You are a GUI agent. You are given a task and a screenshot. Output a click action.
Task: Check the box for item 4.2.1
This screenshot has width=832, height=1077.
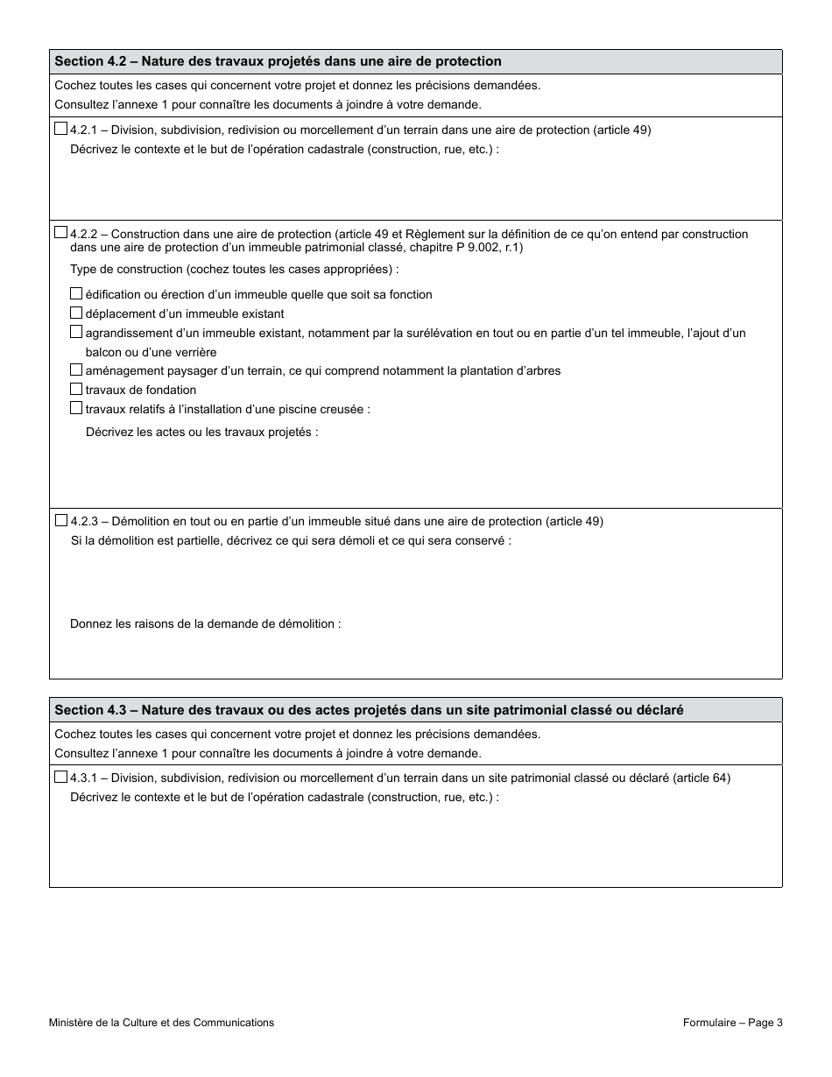point(60,129)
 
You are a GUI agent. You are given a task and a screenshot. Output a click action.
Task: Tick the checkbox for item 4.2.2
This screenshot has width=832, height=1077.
point(60,233)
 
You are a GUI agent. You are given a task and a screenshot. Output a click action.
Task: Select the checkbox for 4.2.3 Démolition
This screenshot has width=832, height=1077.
point(60,520)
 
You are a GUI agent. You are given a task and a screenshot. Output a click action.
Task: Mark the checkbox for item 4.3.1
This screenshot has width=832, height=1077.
point(60,777)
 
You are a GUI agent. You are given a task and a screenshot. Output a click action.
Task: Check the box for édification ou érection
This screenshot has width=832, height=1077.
point(76,294)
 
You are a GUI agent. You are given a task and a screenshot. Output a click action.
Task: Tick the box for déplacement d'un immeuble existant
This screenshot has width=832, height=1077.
point(76,313)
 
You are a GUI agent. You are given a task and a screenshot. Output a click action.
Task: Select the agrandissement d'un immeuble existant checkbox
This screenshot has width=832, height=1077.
point(76,333)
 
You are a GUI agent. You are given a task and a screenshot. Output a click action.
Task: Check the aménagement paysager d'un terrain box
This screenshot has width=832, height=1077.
point(76,370)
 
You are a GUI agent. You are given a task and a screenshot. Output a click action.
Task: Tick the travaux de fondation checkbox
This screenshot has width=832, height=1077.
point(76,390)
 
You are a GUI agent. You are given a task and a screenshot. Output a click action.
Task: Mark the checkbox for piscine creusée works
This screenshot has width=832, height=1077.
point(76,409)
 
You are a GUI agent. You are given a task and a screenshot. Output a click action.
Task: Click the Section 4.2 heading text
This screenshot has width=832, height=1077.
point(278,61)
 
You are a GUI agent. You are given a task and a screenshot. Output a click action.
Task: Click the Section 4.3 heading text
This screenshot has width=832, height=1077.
point(368,710)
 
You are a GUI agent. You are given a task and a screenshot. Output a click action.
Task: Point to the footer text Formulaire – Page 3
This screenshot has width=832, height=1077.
point(732,1022)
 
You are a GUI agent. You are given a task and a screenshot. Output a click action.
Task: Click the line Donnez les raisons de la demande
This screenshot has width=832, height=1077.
point(205,623)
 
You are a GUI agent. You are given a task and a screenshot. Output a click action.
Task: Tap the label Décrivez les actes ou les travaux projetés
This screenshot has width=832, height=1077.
point(201,432)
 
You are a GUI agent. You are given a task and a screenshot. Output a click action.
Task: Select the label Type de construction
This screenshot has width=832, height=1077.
point(234,269)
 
